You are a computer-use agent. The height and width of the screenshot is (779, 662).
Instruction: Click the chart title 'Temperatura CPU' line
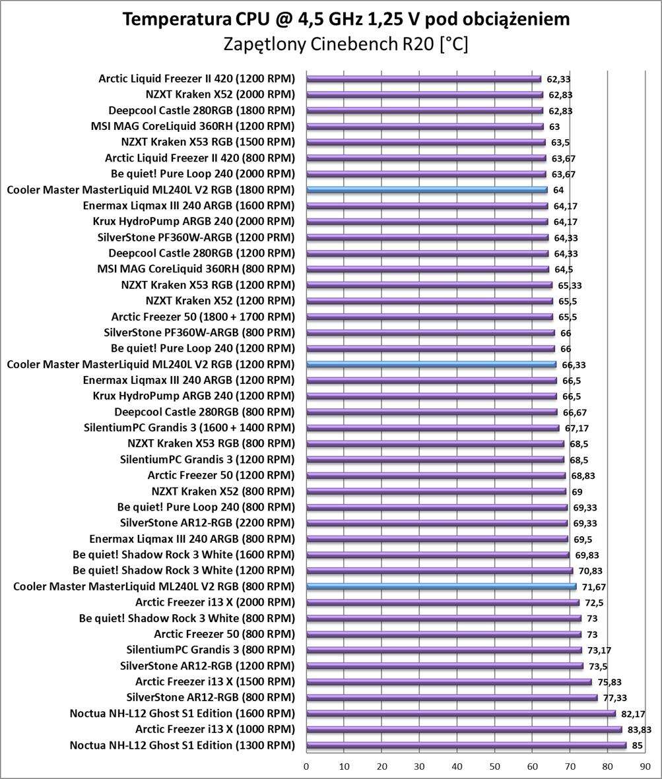coord(346,19)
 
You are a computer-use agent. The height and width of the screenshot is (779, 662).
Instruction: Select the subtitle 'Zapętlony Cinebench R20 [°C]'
coord(346,44)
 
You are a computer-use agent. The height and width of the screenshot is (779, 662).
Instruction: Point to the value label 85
coord(637,745)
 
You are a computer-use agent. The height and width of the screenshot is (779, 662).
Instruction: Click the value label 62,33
coord(558,79)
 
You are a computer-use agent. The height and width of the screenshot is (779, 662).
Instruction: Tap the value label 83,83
coord(634,730)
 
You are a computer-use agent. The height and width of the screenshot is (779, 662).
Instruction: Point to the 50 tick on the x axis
coord(495,766)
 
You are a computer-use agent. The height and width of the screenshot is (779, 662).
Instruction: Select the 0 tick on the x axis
coord(306,766)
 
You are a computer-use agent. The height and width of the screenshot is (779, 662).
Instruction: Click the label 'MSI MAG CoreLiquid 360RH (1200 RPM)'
coord(193,126)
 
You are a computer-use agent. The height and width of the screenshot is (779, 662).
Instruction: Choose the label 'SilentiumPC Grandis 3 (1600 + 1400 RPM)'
coord(189,427)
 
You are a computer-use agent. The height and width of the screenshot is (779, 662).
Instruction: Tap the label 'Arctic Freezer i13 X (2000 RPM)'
coord(215,602)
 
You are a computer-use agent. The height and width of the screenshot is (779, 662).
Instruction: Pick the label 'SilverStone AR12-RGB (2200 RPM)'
coord(208,523)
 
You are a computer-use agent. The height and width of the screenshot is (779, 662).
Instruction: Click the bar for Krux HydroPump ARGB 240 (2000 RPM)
coord(427,222)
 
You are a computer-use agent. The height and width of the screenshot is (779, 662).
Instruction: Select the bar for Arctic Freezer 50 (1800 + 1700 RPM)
coord(430,317)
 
